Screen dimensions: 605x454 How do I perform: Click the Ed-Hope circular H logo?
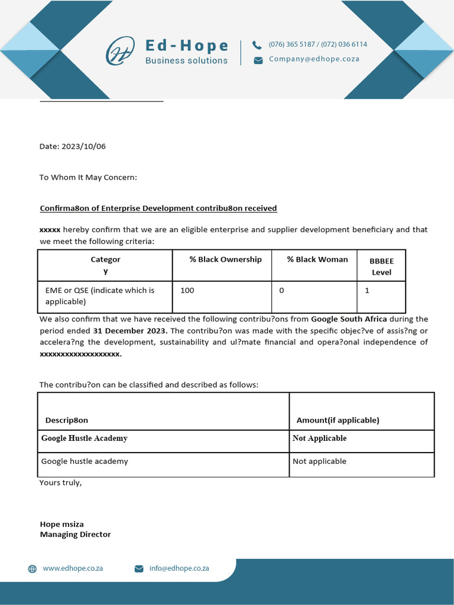[x=120, y=51]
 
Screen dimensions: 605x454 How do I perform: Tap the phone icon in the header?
[x=257, y=45]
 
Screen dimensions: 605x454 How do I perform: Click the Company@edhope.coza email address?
[x=314, y=59]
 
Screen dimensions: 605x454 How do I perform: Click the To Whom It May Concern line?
[x=88, y=177]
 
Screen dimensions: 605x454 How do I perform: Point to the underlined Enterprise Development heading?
[x=158, y=209]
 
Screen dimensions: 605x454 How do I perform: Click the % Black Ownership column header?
[x=225, y=259]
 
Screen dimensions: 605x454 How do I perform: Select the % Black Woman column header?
[x=317, y=259]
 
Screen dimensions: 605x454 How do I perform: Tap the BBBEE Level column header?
[x=381, y=266]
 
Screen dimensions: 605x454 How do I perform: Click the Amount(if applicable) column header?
[x=338, y=420]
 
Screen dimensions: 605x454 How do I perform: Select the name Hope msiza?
[x=62, y=524]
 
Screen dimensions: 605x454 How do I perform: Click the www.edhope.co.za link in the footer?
[x=73, y=568]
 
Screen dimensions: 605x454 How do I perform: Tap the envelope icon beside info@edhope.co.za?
[x=139, y=569]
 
